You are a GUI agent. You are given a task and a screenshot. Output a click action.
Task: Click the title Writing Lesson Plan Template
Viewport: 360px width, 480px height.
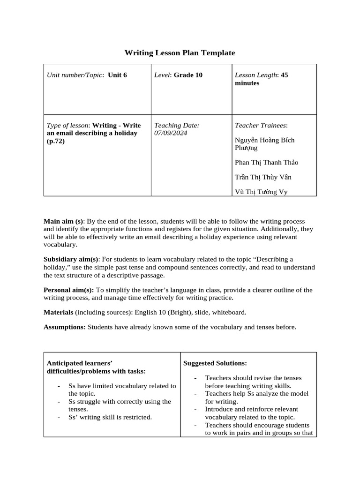[180, 53]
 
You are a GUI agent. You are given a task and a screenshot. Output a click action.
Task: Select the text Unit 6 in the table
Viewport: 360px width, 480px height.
[117, 75]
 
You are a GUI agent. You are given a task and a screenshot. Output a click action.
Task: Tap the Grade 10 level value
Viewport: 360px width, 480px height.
[188, 75]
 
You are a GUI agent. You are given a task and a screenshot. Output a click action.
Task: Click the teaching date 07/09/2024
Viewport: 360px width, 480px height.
[171, 133]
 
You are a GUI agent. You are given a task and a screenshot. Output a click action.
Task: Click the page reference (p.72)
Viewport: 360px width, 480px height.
[56, 141]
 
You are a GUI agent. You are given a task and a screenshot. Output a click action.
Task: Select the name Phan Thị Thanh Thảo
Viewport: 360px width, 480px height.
[266, 162]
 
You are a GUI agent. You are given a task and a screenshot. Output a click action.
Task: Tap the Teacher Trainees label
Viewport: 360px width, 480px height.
[261, 126]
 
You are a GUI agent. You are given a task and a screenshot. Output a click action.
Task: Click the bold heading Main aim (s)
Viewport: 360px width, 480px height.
[63, 221]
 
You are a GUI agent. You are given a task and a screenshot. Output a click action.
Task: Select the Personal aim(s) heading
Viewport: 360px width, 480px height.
[68, 290]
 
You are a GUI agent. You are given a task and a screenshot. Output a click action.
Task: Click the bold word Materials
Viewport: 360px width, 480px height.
[58, 312]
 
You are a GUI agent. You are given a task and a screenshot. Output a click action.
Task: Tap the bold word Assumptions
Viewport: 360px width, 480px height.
[65, 327]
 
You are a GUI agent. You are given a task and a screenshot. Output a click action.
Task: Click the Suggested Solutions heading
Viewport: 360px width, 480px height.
[215, 363]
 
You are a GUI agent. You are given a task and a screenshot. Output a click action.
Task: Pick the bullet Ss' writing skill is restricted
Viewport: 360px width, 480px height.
[110, 417]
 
